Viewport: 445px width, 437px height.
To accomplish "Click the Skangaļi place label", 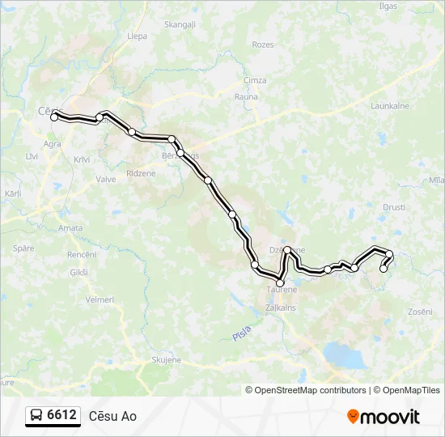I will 180,24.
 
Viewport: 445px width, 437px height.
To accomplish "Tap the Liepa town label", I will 136,36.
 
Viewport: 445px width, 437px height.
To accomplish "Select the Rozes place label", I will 263,45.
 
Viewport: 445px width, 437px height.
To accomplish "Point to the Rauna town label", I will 246,96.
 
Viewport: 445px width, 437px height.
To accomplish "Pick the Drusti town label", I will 394,207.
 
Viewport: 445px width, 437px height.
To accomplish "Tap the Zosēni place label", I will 421,312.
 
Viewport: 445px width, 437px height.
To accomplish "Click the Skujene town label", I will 167,359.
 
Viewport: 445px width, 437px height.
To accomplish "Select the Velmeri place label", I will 100,299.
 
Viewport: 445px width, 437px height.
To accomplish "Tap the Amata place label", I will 70,228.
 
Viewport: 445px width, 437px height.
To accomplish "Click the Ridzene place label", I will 141,175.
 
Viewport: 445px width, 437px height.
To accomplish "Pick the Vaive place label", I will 106,179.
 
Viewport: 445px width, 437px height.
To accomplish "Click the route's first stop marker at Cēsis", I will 54,117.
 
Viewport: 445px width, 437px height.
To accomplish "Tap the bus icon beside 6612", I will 37,416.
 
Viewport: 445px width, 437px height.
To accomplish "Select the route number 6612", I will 62,416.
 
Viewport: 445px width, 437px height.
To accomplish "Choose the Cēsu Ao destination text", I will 112,417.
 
